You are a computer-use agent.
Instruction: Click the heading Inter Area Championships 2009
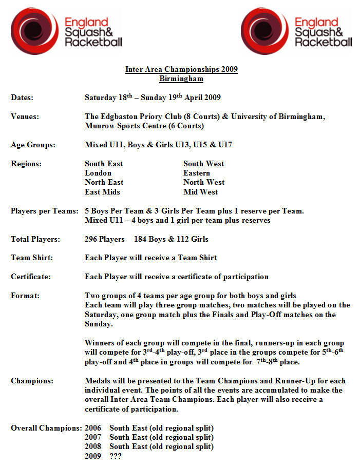tap(181, 69)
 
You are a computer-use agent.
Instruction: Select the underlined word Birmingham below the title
tap(181, 79)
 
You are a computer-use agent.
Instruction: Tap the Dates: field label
tap(22, 98)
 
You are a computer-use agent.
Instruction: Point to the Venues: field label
tap(25, 116)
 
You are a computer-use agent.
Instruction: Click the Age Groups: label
tap(33, 145)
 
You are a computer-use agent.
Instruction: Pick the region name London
tap(98, 173)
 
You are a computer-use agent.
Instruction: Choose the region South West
tap(203, 164)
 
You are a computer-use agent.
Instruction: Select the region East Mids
tap(102, 192)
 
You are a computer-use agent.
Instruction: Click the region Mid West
tap(200, 192)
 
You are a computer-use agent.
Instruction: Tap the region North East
tap(104, 182)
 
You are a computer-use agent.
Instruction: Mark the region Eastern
tap(197, 173)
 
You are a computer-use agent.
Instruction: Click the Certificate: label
tap(31, 277)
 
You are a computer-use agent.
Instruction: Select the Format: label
tap(25, 296)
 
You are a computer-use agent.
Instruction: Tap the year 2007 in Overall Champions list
tap(93, 437)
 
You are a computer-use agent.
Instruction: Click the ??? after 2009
tap(116, 456)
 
